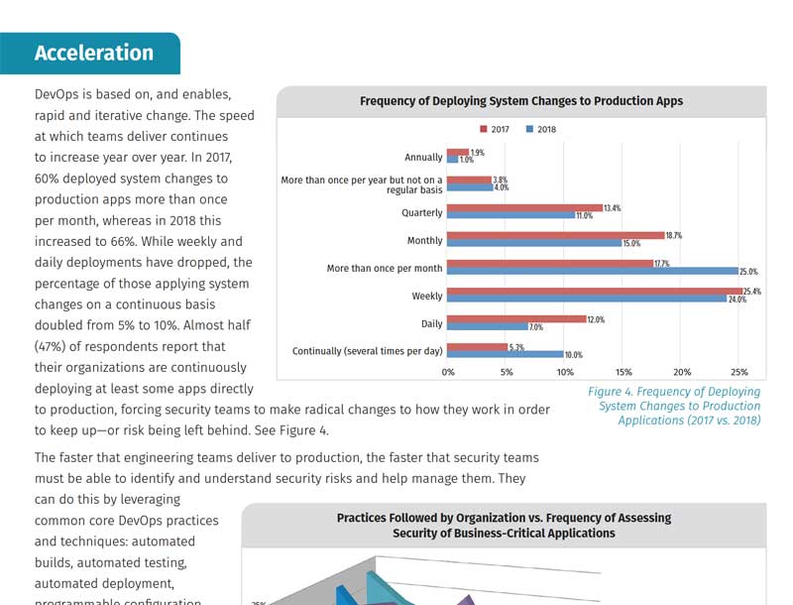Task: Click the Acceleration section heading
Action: pos(94,54)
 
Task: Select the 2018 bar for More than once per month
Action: pos(593,271)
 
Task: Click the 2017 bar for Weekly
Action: pos(595,291)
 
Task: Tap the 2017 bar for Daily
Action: pos(516,318)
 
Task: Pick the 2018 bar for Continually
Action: pos(506,354)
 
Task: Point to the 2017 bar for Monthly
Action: pos(556,235)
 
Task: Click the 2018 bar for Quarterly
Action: pos(510,214)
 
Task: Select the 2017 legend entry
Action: pos(497,130)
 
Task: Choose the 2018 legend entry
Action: pos(541,130)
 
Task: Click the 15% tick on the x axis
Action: pos(623,372)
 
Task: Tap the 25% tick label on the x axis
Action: pos(739,372)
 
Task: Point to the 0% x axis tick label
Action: pos(448,372)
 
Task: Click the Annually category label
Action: pos(423,157)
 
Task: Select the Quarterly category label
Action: pos(422,212)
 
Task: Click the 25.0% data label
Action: pos(749,272)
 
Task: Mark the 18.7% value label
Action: pos(674,235)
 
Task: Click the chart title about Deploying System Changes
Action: pos(520,101)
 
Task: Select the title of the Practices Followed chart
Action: pos(504,525)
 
